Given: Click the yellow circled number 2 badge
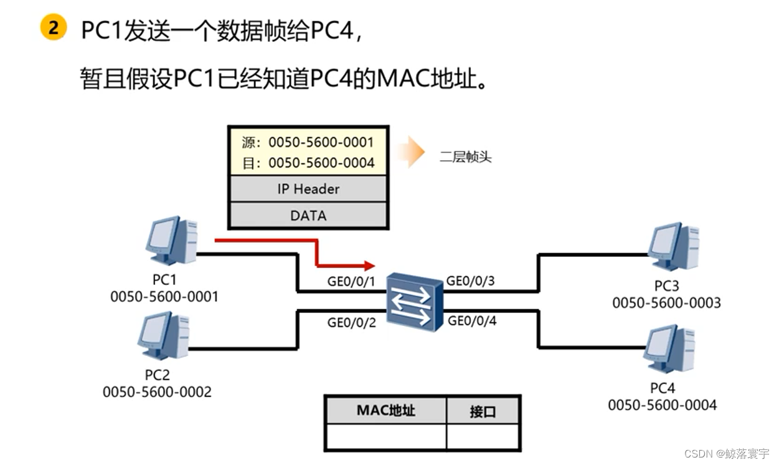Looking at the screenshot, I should [x=54, y=29].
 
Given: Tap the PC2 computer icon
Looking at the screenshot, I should [x=164, y=337].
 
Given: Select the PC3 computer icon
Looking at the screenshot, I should [x=673, y=247].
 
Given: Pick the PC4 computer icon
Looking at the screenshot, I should [x=669, y=348].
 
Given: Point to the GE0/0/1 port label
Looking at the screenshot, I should [x=351, y=281].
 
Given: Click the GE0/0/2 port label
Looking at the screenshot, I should [x=351, y=322].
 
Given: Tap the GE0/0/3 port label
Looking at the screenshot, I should [x=470, y=280].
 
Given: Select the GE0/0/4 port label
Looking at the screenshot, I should [x=472, y=321].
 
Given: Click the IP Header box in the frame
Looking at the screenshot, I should [x=308, y=189].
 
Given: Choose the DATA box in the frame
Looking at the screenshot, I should [x=308, y=216].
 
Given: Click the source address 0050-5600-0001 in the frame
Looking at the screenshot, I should [x=321, y=143].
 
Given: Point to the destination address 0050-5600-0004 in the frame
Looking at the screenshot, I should [x=321, y=163].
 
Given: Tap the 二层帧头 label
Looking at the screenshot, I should [x=465, y=156].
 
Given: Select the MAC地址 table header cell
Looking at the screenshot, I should [x=385, y=410].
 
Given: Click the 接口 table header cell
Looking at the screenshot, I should [x=483, y=411].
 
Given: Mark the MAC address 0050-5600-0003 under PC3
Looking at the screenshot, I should [x=666, y=303].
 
